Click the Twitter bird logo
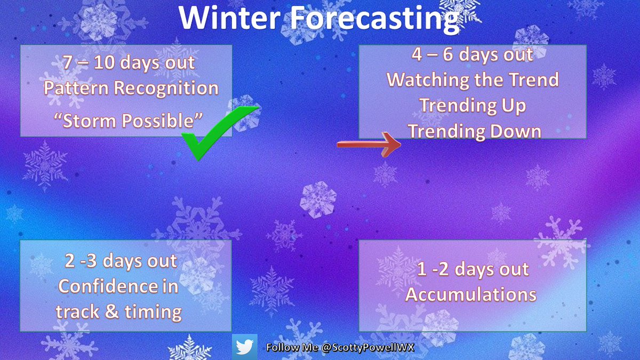tap(245, 347)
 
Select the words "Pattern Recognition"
tap(131, 88)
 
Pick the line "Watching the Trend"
tap(473, 80)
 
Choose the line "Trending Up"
tap(473, 106)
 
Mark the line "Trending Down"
tap(473, 131)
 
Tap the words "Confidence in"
tap(118, 286)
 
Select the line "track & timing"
tap(118, 312)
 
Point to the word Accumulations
tap(471, 294)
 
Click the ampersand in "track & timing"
tap(112, 312)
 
